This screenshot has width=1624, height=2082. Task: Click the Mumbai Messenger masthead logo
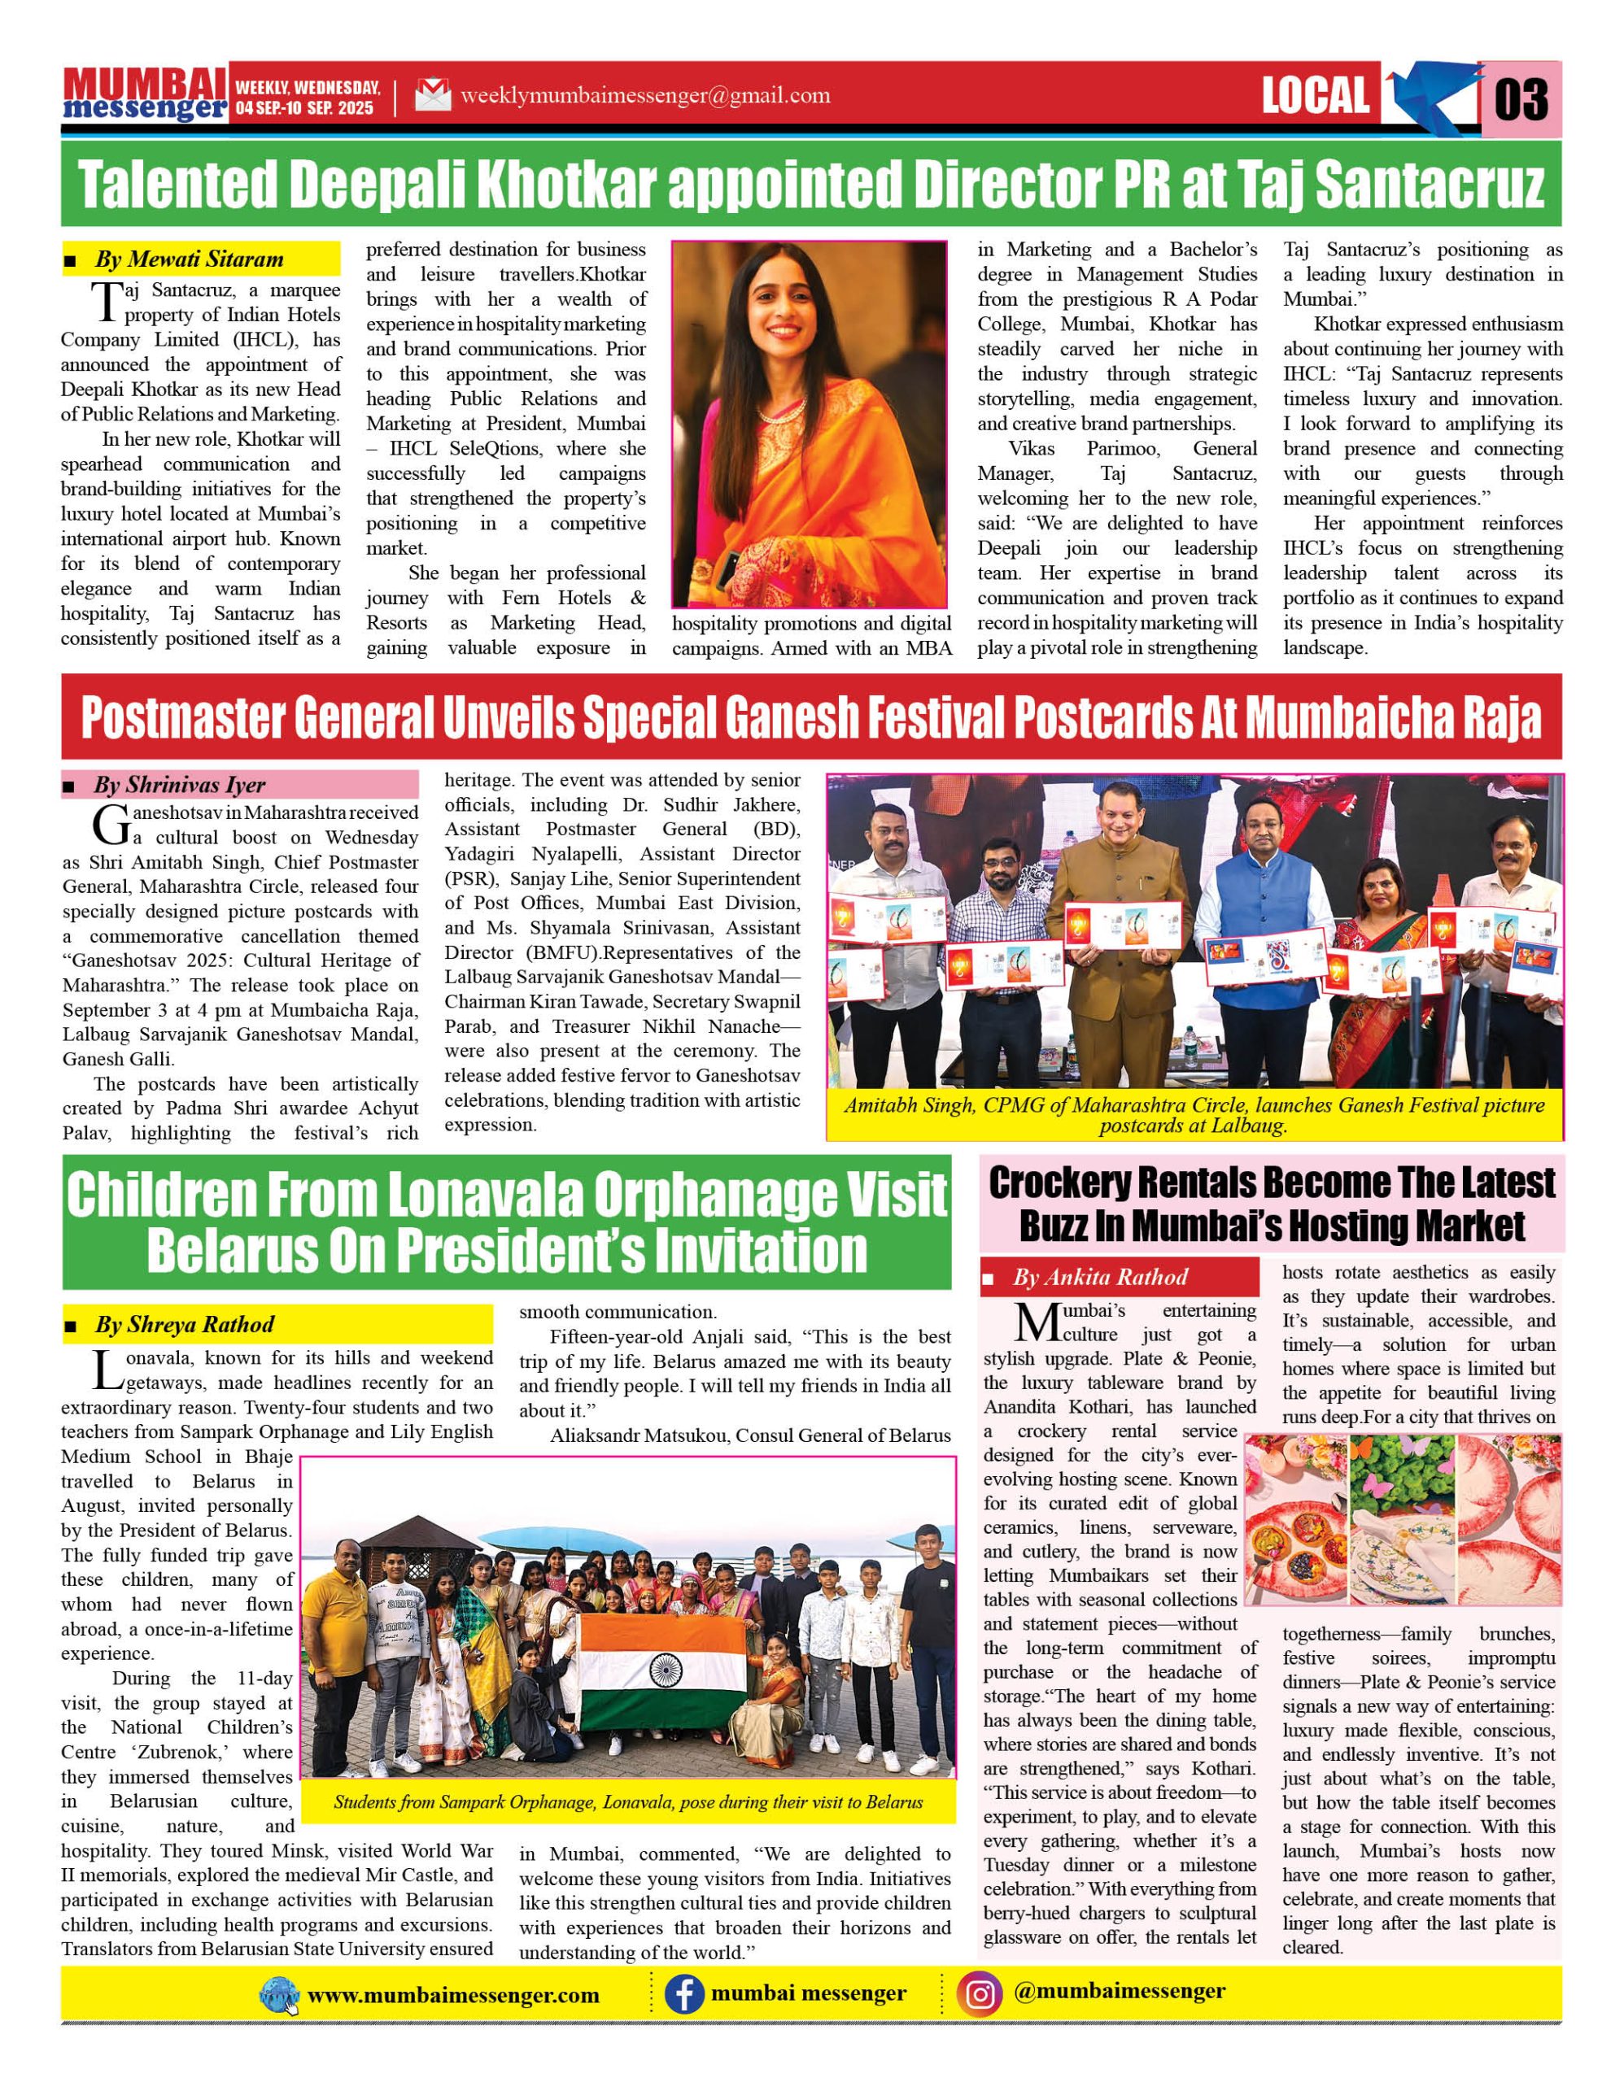coord(145,95)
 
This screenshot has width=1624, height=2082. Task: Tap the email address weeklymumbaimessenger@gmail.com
coord(644,95)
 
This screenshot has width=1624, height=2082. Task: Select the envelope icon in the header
coord(433,95)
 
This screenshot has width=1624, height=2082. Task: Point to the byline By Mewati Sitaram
coord(189,259)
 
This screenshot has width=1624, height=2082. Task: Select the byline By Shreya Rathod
coord(184,1324)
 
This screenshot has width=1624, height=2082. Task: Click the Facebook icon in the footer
coord(683,1994)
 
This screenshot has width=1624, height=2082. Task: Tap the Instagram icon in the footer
coord(980,1993)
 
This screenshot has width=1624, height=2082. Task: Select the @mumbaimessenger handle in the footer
coord(1120,1990)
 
